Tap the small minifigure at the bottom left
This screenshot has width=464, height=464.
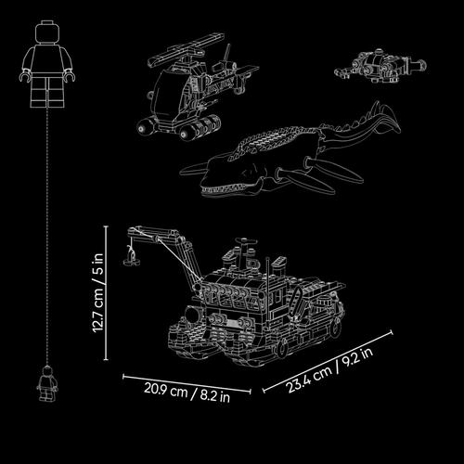point(47,383)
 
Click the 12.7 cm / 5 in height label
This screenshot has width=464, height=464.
point(98,293)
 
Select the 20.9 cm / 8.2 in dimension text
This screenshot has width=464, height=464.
point(187,393)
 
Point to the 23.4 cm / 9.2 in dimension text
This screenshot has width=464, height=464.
point(330,369)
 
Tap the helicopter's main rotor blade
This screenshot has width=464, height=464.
point(186,50)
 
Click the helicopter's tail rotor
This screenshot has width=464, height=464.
point(228,58)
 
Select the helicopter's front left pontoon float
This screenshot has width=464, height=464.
point(148,125)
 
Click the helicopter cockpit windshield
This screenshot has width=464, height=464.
point(167,90)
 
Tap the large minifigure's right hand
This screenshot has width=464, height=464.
point(24,77)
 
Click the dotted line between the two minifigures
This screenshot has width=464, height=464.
point(47,237)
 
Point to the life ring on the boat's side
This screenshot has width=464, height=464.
point(297,298)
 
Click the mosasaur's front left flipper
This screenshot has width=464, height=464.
point(193,169)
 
